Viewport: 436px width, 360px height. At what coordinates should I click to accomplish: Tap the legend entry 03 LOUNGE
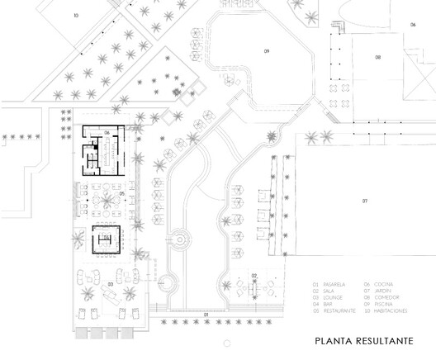pos(329,296)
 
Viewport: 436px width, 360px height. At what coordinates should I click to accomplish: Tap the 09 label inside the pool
pos(267,51)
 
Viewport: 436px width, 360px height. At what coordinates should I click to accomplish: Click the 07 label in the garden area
pos(364,201)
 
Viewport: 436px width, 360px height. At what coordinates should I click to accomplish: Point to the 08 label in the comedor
pos(377,57)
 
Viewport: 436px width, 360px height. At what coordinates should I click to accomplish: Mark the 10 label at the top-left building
pos(75,16)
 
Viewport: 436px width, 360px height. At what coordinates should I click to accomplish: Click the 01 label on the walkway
pos(206,315)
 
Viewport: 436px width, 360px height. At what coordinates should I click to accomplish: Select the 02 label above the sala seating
pos(254,274)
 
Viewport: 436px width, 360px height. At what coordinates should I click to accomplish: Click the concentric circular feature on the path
pos(177,239)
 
